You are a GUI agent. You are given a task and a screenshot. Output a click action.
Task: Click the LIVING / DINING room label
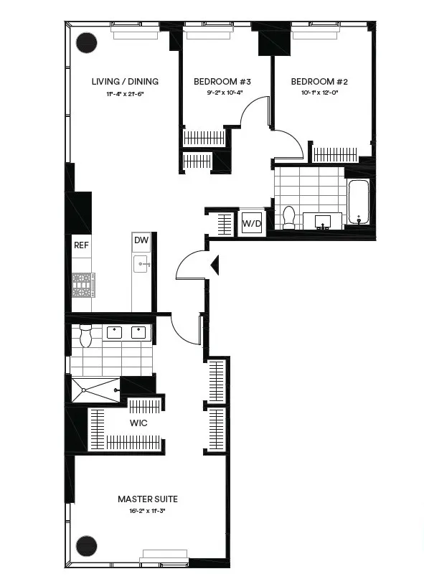tap(125, 82)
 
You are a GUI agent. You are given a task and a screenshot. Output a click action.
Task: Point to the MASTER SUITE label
tap(148, 499)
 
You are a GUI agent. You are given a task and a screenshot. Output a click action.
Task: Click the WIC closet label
tap(138, 423)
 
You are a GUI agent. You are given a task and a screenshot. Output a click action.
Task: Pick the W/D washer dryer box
tap(251, 222)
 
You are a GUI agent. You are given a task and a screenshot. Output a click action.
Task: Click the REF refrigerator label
tap(80, 245)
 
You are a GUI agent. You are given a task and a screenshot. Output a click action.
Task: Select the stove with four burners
tap(83, 285)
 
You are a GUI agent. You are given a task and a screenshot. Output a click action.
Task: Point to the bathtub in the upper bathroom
tap(357, 202)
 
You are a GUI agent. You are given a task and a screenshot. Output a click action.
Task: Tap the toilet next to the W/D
tap(289, 216)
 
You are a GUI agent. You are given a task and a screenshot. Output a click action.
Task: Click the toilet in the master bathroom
tap(85, 335)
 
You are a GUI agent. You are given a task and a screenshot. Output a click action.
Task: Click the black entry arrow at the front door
tap(213, 266)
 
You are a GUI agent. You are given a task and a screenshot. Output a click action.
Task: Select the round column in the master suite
tap(87, 545)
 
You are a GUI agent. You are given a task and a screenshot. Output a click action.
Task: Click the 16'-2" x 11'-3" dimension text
tap(148, 512)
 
